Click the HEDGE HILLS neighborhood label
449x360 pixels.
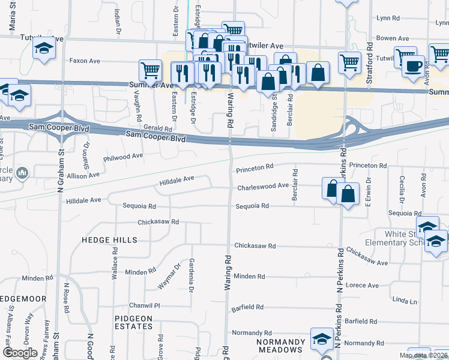pyautogui.click(x=110, y=240)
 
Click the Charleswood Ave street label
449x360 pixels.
pyautogui.click(x=263, y=187)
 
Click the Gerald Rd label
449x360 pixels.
pyautogui.click(x=158, y=128)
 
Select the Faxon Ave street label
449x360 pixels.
pyautogui.click(x=85, y=61)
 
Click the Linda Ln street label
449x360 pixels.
pyautogui.click(x=404, y=299)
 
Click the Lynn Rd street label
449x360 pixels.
pyautogui.click(x=388, y=18)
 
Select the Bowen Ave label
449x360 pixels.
pyautogui.click(x=393, y=38)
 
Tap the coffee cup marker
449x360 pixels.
pyautogui.click(x=413, y=67)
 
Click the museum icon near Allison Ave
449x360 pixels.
pyautogui.click(x=22, y=174)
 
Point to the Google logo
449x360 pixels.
pyautogui.click(x=20, y=352)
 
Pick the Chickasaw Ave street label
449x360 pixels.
pyautogui.click(x=367, y=257)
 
